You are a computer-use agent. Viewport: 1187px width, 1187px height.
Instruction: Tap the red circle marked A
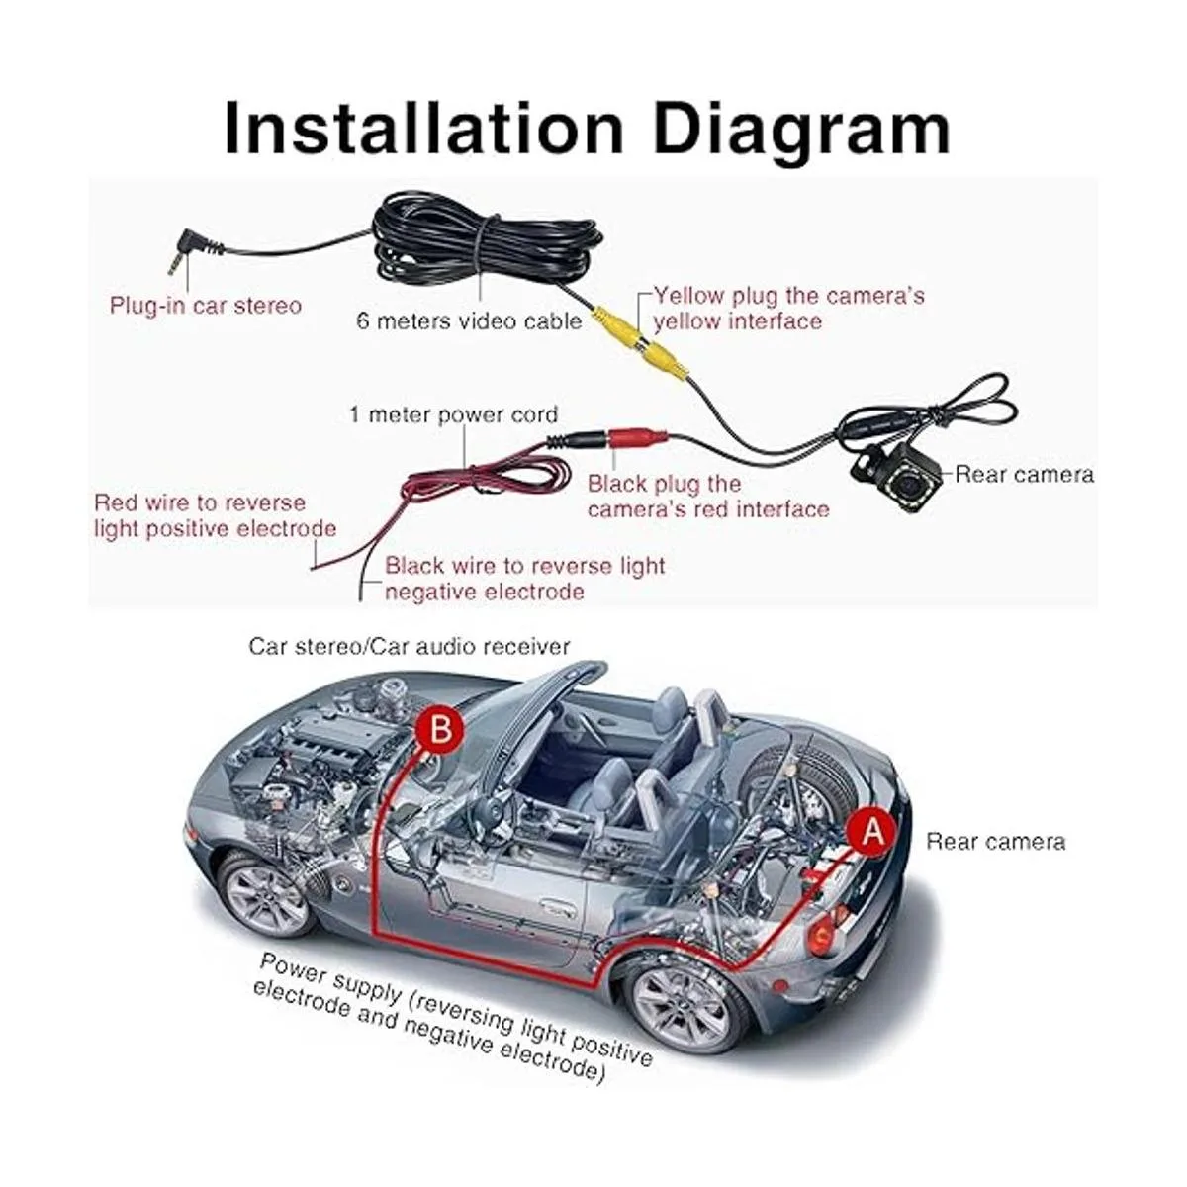[x=871, y=831]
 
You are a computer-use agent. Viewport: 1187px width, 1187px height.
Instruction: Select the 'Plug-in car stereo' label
[x=206, y=305]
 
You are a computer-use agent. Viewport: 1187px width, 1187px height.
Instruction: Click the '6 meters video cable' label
[x=469, y=321]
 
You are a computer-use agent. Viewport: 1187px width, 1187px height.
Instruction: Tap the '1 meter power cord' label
[x=454, y=414]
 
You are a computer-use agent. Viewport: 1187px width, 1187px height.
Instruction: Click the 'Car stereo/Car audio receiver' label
[x=410, y=646]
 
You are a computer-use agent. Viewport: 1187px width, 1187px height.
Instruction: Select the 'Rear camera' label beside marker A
[x=995, y=842]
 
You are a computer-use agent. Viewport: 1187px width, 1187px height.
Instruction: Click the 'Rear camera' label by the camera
[x=1024, y=474]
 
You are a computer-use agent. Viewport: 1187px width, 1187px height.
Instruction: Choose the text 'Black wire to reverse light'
[x=524, y=566]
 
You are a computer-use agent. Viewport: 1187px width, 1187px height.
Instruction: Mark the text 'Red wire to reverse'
[x=200, y=502]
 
